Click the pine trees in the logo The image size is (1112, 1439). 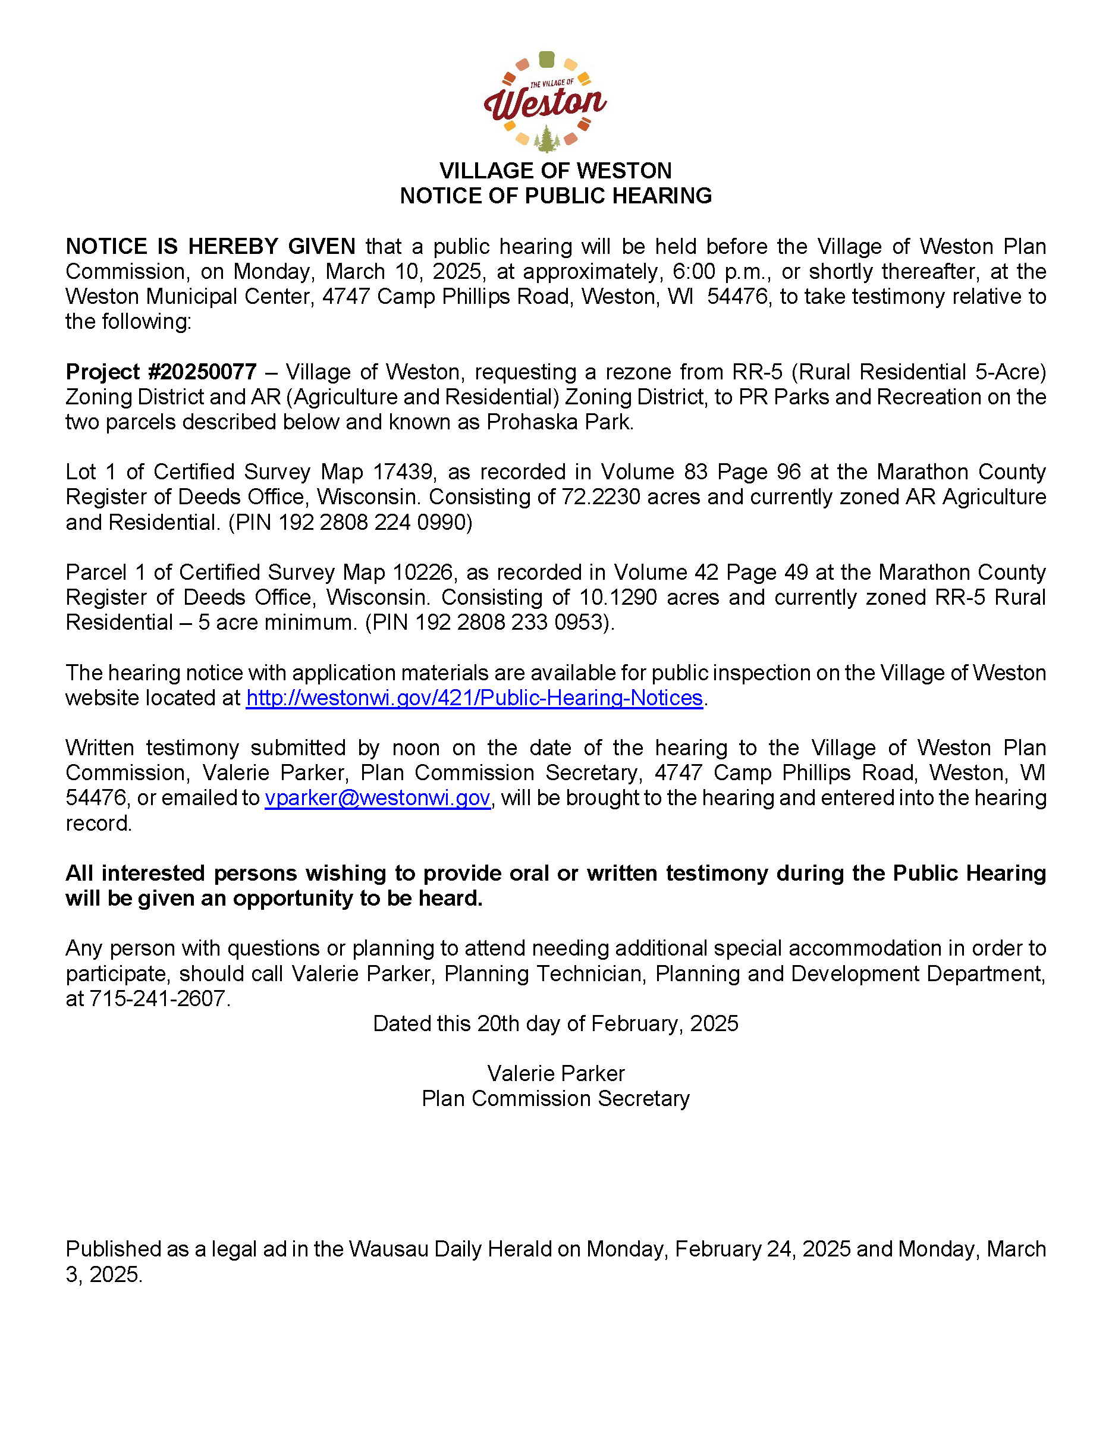[546, 140]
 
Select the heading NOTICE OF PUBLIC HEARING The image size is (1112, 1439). [555, 196]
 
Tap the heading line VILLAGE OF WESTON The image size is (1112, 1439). [555, 171]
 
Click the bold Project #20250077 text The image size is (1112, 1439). [161, 372]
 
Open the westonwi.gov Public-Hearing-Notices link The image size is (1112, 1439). [475, 697]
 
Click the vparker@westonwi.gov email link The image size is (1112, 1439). [378, 798]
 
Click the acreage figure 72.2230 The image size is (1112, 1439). [600, 497]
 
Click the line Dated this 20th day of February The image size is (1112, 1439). [555, 1024]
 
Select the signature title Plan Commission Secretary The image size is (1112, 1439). [555, 1099]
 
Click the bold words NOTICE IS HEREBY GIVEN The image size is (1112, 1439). [210, 246]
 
